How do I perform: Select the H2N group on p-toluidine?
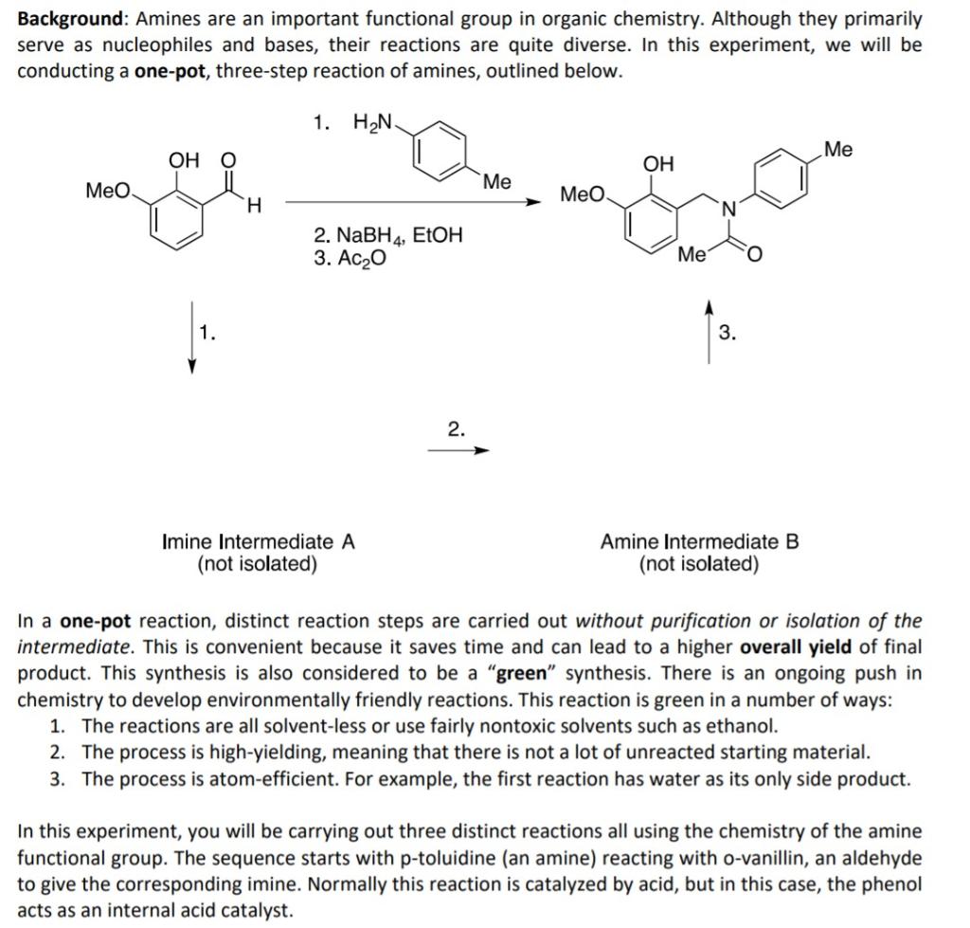pos(373,122)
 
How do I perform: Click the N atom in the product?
pos(727,209)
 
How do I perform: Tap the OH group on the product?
pos(658,164)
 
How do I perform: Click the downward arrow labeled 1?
pos(192,337)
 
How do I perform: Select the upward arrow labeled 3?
pos(709,332)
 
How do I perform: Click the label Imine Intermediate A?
pos(259,542)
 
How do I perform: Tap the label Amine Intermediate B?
pos(699,542)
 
